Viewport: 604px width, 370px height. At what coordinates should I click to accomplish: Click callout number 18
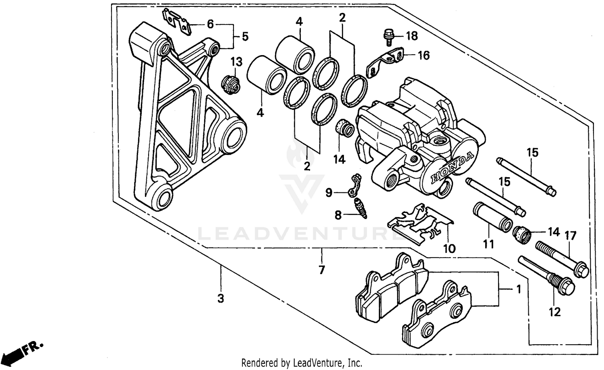[412, 36]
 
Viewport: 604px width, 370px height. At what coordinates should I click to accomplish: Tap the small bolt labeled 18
[389, 37]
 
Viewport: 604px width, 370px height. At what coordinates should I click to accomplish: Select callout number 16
[424, 55]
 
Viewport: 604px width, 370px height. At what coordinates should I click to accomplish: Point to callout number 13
[236, 62]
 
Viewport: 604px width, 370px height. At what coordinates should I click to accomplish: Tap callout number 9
[329, 193]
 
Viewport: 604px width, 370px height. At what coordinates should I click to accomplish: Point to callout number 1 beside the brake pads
[519, 289]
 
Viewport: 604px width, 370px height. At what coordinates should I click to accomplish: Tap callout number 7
[321, 270]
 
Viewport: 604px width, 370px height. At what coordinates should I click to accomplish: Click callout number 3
[220, 299]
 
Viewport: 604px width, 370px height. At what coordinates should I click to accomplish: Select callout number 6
[210, 24]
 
